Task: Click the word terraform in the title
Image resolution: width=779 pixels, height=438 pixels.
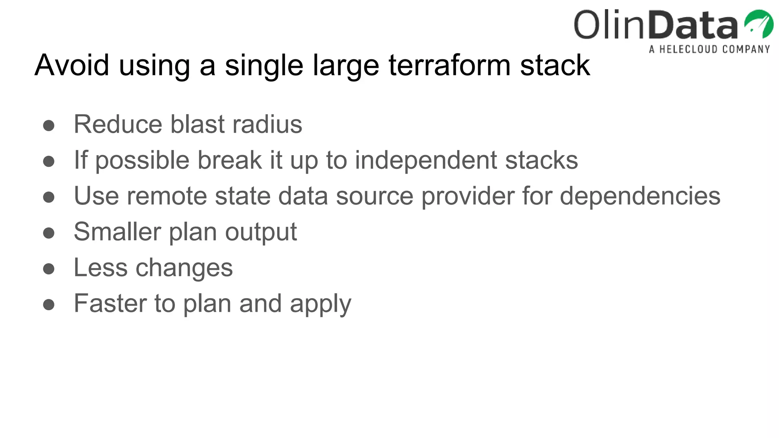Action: [x=449, y=65]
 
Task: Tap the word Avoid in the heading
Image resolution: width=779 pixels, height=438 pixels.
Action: [x=72, y=65]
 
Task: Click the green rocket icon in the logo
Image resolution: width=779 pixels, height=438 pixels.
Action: [x=758, y=24]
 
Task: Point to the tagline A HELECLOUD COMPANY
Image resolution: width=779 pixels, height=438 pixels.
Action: [x=709, y=49]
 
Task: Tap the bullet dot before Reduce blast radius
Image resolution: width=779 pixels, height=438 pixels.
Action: [x=49, y=125]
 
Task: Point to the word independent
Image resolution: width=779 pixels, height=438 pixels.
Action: [x=426, y=160]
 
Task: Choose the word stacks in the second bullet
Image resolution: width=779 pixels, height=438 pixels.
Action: [x=541, y=160]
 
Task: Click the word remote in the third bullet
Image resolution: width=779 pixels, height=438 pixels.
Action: [x=167, y=196]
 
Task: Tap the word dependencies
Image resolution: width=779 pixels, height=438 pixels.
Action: [x=640, y=196]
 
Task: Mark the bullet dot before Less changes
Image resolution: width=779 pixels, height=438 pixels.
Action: [x=49, y=269]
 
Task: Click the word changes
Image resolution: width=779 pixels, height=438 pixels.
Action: [x=184, y=268]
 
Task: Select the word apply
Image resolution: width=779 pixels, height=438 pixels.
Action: [x=320, y=304]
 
